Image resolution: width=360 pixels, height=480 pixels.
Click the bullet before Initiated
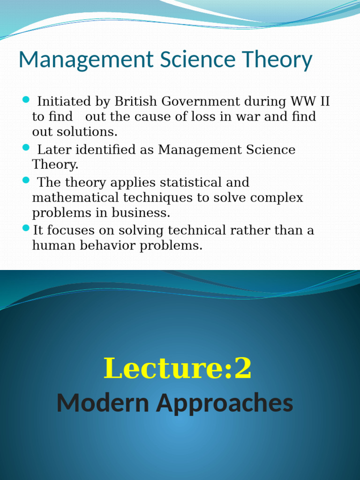click(26, 100)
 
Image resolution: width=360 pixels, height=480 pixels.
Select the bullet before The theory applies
click(26, 180)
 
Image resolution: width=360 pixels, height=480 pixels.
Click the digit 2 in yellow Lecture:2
click(243, 368)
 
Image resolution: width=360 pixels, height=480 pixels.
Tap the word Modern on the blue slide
click(103, 403)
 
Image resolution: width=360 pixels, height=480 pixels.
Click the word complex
click(277, 197)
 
